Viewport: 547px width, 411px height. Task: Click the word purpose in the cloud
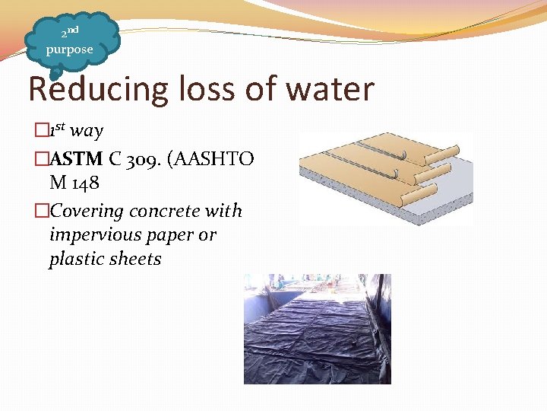(x=69, y=49)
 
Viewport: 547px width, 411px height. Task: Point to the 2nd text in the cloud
(x=70, y=33)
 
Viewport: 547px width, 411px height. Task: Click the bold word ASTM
(x=77, y=159)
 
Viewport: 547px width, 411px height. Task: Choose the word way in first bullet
(x=87, y=131)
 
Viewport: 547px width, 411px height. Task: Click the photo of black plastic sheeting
(x=317, y=329)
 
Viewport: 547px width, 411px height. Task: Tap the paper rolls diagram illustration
(x=384, y=179)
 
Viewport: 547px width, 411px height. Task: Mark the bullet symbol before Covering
(x=42, y=211)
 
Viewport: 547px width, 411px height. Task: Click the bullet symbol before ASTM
(x=42, y=159)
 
